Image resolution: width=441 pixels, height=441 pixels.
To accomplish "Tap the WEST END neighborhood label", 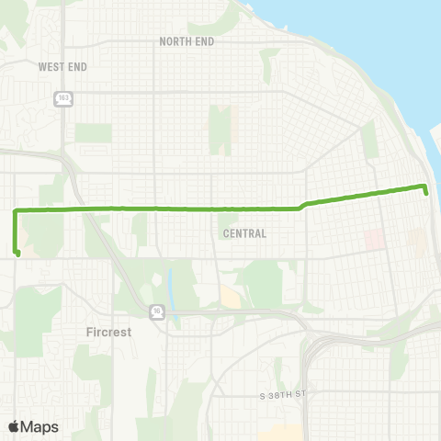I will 62,66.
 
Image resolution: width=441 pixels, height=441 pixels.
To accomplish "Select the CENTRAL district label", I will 244,233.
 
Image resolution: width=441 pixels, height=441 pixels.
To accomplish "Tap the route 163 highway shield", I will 63,98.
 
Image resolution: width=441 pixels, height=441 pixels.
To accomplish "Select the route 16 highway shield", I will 156,311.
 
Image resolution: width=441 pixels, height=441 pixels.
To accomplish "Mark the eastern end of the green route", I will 427,191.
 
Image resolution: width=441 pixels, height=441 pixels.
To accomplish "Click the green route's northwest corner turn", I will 15,211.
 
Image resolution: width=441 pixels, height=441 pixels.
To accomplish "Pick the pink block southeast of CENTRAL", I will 374,240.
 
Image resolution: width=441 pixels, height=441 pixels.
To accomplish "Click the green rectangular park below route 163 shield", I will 93,133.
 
